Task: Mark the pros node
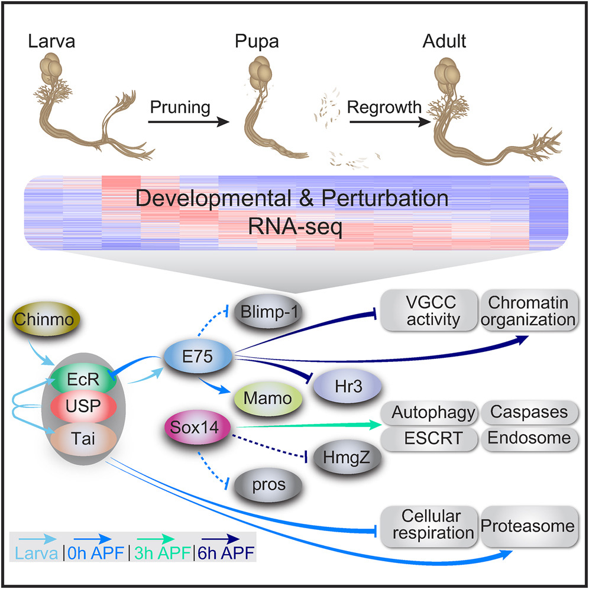point(269,485)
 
